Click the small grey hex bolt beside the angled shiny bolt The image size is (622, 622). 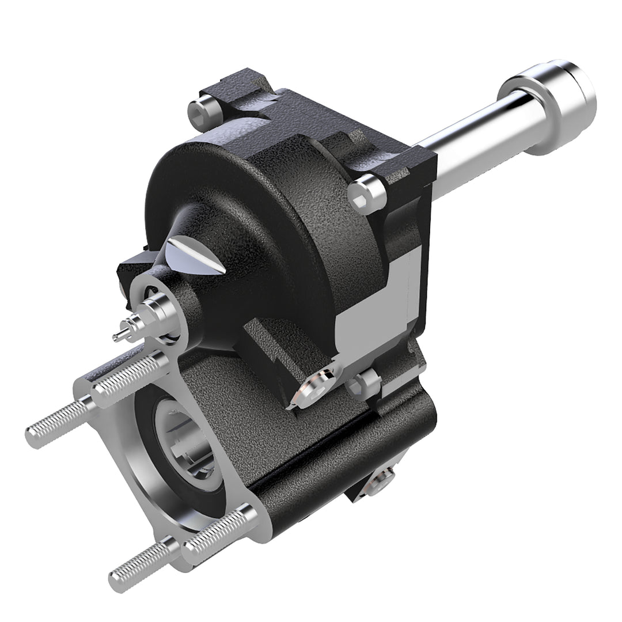[363, 383]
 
